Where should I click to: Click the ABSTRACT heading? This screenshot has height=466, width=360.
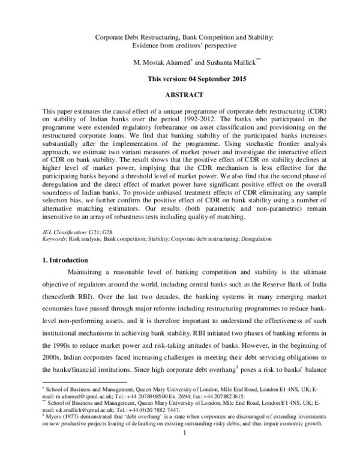pos(184,95)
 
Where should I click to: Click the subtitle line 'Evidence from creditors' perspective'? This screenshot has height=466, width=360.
pos(184,46)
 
